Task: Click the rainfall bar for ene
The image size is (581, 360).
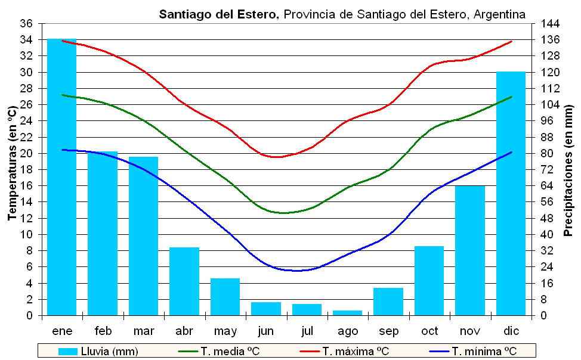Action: pos(62,179)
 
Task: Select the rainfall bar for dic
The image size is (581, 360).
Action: pos(511,194)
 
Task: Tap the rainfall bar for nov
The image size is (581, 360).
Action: pos(470,250)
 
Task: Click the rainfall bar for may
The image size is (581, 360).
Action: pos(225,297)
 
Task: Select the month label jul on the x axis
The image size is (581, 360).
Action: pos(307,331)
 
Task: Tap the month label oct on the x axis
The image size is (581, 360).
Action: pos(429,331)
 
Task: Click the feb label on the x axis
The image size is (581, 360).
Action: pos(103,331)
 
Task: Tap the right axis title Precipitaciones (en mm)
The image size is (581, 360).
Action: pos(568,170)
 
